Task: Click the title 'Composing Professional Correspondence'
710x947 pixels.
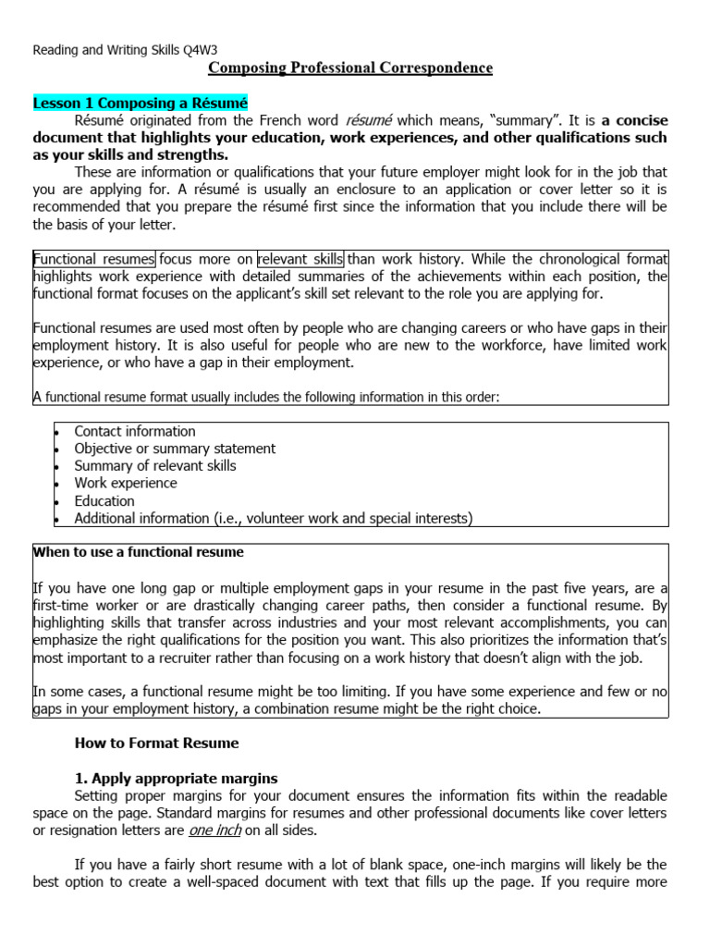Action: click(350, 68)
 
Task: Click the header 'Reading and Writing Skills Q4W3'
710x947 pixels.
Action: click(125, 50)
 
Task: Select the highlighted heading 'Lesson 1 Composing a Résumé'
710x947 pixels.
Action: click(141, 103)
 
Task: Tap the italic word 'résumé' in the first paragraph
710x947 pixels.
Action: click(368, 120)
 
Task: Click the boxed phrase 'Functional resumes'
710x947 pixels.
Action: click(94, 259)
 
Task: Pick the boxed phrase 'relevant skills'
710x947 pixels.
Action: click(300, 259)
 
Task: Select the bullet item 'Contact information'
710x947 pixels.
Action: click(135, 431)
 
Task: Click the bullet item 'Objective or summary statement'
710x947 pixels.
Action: click(175, 449)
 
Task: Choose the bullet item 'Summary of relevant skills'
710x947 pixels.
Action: click(155, 466)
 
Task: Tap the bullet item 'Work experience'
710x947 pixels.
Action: click(126, 484)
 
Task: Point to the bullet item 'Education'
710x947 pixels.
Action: click(104, 501)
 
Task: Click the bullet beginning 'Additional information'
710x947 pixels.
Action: click(273, 519)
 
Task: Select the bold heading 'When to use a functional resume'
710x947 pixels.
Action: click(139, 553)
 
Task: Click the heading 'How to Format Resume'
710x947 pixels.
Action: click(156, 744)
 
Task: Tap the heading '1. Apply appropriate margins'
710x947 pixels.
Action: click(176, 779)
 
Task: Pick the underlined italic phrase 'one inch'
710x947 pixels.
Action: click(214, 831)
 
